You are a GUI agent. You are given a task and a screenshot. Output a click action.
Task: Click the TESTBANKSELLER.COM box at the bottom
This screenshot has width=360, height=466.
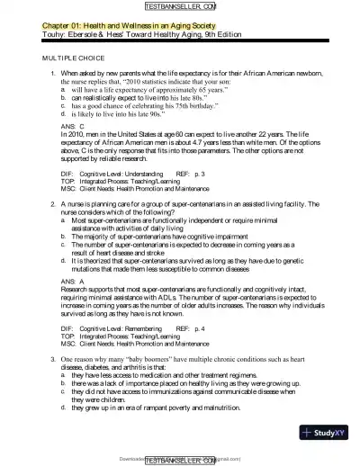[x=180, y=460]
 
